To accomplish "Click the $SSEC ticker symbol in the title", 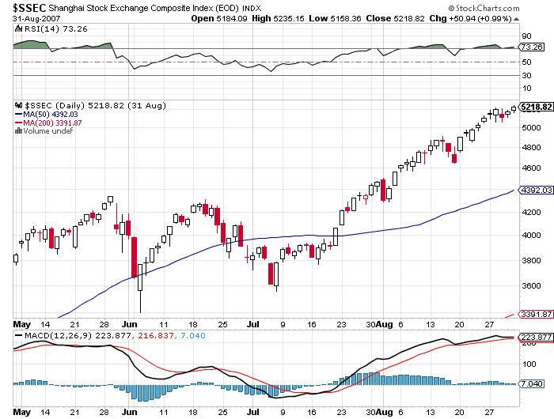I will click(25, 8).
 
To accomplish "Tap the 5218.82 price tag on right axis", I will click(536, 107).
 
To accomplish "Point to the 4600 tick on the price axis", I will click(532, 168).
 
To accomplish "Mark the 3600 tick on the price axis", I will click(532, 285).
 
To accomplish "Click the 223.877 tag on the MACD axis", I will click(536, 338).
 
